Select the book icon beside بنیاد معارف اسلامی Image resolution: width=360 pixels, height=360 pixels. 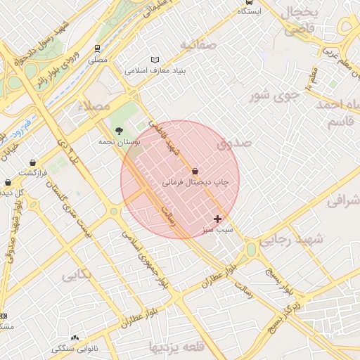155,60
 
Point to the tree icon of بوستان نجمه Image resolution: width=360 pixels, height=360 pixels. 119,131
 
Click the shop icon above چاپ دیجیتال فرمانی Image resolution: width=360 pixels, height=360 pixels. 195,171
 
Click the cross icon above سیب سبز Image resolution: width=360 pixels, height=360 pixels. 217,219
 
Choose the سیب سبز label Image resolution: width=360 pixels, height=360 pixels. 217,230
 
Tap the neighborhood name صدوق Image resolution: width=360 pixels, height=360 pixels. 234,143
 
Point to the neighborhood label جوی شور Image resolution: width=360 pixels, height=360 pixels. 278,94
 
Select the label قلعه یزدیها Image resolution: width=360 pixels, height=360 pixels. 172,347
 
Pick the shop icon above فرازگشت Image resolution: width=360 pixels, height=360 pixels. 33,162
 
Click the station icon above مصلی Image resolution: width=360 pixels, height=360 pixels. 97,49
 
